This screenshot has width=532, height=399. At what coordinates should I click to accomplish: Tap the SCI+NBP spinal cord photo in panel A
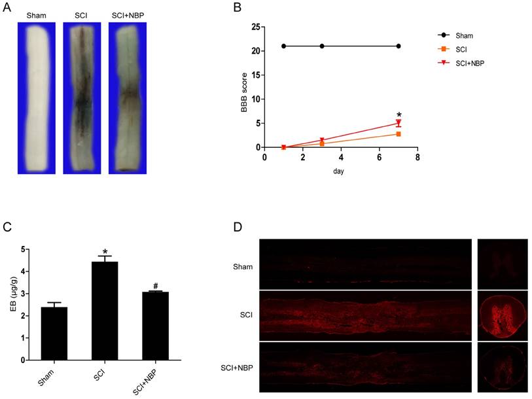[x=128, y=98]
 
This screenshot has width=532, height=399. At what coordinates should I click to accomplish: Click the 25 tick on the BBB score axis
[x=255, y=27]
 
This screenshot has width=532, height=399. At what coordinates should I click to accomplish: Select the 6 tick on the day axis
[x=380, y=158]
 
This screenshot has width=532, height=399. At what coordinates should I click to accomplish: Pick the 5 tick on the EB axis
[x=23, y=249]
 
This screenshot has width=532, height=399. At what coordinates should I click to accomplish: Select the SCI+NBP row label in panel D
[x=238, y=368]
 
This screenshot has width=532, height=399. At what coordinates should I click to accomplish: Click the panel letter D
[x=238, y=226]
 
